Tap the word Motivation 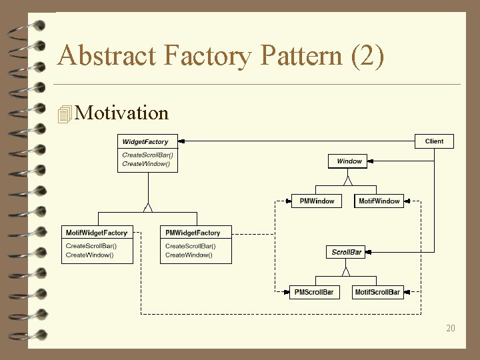[122, 113]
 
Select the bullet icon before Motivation [65, 114]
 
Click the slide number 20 [451, 328]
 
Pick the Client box [434, 141]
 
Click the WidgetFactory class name [145, 142]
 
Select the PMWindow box [317, 201]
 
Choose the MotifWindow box [379, 201]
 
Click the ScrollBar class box [347, 252]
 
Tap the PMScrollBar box [314, 292]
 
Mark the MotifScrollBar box [377, 292]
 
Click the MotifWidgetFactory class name [97, 233]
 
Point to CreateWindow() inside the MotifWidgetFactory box [90, 255]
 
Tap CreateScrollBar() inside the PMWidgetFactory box [191, 247]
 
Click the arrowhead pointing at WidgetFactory [182, 141]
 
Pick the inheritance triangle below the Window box [347, 180]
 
